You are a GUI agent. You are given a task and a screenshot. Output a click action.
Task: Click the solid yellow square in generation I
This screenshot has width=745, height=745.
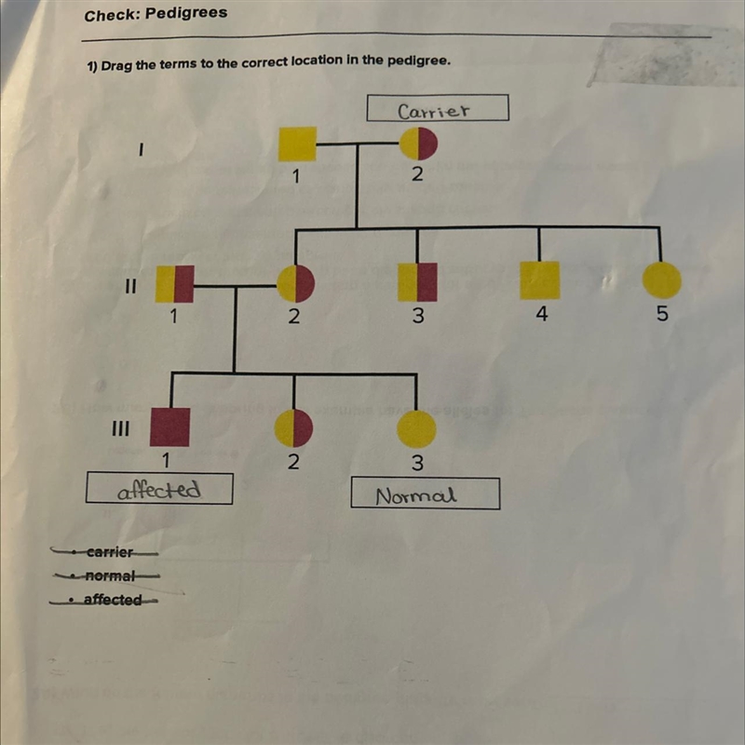297,144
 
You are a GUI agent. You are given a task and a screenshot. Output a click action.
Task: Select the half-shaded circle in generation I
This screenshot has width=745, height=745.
418,143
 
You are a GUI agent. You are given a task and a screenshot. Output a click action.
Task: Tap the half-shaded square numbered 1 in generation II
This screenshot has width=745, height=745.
175,284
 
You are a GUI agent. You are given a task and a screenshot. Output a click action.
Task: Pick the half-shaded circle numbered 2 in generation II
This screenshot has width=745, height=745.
295,284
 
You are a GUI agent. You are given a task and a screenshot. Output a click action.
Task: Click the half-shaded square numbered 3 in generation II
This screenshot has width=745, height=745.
417,282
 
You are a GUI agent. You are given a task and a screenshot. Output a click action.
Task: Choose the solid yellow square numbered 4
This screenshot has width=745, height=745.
540,280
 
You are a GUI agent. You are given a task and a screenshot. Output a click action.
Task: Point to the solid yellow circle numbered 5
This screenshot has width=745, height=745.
662,280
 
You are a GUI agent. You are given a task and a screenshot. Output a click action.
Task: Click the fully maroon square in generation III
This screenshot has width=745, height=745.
170,427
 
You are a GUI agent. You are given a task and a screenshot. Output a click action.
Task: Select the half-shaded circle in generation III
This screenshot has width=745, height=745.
293,428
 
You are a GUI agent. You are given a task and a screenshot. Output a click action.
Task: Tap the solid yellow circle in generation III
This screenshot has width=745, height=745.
416,429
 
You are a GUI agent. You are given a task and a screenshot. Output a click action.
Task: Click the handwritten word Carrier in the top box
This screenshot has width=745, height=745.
433,111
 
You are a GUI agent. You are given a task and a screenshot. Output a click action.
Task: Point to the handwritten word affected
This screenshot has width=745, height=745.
159,490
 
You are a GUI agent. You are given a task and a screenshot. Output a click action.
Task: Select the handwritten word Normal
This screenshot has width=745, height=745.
416,496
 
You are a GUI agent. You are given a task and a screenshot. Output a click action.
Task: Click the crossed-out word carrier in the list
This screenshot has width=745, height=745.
110,552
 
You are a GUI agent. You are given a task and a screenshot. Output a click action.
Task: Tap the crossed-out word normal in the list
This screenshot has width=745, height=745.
110,576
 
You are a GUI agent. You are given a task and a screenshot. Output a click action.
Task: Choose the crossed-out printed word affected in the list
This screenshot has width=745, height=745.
113,600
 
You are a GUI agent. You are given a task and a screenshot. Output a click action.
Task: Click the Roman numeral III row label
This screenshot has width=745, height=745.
120,429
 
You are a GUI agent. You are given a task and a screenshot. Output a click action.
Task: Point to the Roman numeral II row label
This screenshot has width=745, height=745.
130,287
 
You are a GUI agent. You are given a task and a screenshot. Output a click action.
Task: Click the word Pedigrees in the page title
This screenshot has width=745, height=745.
186,13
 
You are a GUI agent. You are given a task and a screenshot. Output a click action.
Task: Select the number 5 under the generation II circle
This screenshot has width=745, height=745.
662,314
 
